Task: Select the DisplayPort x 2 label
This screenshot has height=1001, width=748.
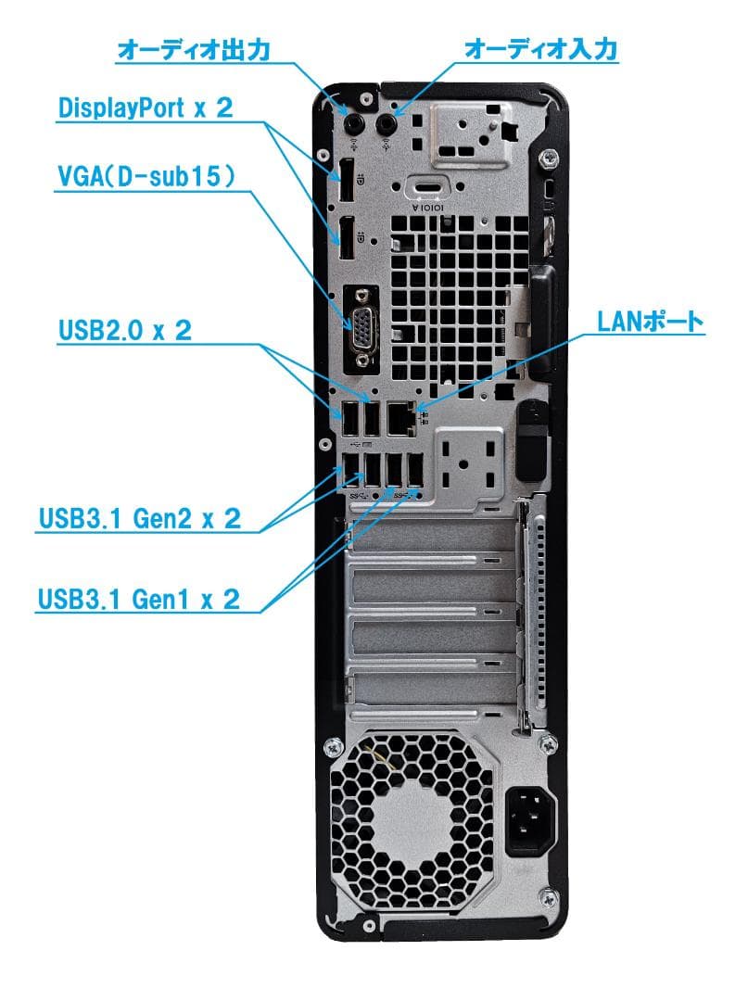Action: tap(146, 108)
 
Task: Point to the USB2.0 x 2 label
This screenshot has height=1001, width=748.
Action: tap(125, 331)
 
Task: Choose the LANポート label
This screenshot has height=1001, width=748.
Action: tap(650, 323)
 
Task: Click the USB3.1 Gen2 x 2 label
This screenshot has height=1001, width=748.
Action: tap(139, 517)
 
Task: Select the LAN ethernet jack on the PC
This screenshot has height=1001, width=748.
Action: tap(400, 419)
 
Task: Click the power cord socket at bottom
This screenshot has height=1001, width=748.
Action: tap(530, 820)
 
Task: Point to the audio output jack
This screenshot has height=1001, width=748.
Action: tap(353, 124)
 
